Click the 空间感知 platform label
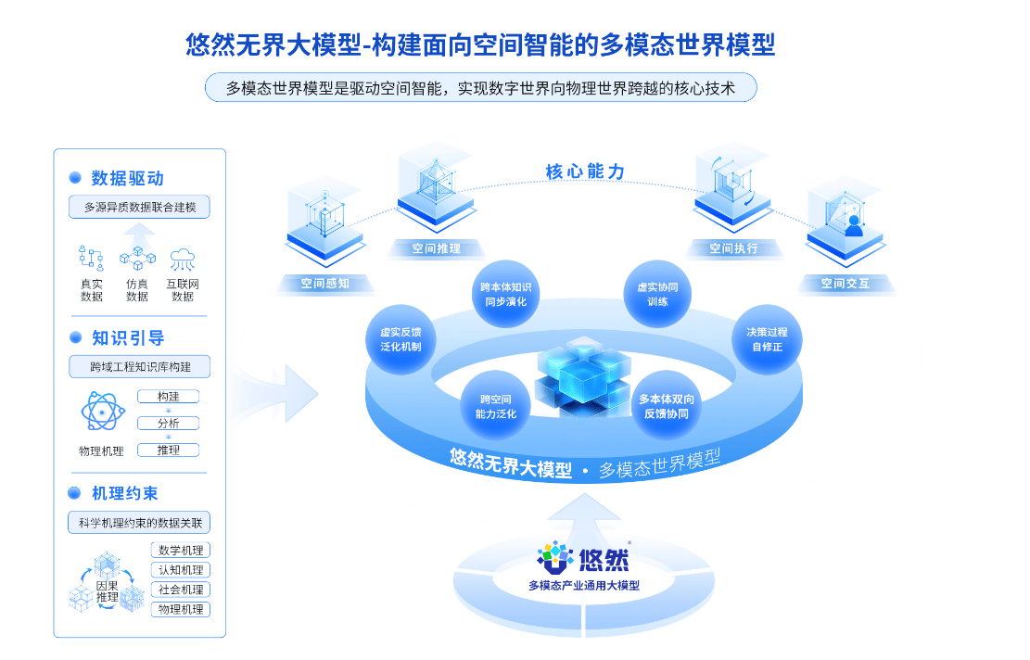tap(325, 284)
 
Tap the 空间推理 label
tap(436, 249)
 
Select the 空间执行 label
tap(733, 249)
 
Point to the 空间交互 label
tap(845, 284)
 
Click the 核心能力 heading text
tap(585, 172)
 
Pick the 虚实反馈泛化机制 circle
tap(401, 339)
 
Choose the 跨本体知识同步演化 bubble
tap(506, 294)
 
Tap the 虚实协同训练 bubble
tap(657, 294)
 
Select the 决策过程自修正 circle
tap(768, 339)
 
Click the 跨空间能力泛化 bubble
tap(495, 407)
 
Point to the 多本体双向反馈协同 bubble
tap(666, 407)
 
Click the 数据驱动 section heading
tap(127, 179)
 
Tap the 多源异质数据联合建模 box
tap(139, 207)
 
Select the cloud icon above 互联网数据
tap(183, 260)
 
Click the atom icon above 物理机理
tap(103, 411)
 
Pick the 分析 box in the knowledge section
tap(168, 424)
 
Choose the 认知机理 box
tap(181, 570)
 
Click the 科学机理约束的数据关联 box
tap(139, 523)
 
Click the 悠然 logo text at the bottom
tap(604, 560)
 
